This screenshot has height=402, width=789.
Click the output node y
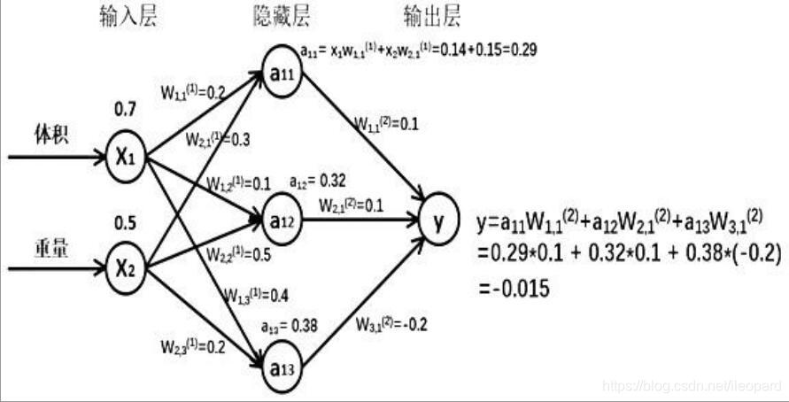pyautogui.click(x=438, y=224)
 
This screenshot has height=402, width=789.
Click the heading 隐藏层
pyautogui.click(x=282, y=18)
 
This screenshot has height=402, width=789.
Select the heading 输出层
pyautogui.click(x=431, y=18)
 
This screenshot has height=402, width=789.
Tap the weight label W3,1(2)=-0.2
pyautogui.click(x=391, y=324)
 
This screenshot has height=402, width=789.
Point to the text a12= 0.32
pyautogui.click(x=317, y=182)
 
